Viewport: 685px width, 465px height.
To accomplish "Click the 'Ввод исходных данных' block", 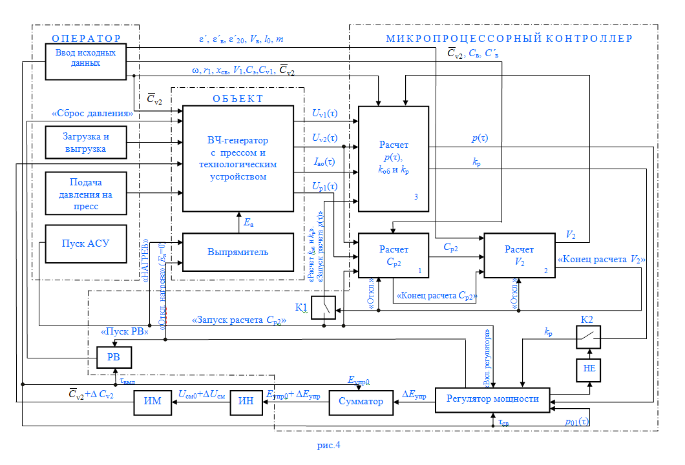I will [86, 61].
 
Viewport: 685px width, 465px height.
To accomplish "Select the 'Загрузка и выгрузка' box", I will [86, 142].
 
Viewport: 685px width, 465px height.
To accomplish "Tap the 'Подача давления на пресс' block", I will [86, 193].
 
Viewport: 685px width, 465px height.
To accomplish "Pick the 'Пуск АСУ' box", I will [86, 244].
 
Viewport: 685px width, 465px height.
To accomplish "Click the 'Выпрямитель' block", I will [238, 251].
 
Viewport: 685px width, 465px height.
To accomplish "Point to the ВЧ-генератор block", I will [238, 158].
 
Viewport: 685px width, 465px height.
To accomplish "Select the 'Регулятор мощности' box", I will [492, 398].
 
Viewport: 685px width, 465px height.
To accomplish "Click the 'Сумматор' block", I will [360, 402].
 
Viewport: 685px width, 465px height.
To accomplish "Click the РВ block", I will [114, 356].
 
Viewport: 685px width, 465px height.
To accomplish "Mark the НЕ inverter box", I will [588, 369].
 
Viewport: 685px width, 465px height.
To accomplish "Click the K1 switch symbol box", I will [324, 307].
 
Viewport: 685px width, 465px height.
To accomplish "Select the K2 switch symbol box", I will [588, 336].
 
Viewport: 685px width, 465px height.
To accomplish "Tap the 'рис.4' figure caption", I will [328, 446].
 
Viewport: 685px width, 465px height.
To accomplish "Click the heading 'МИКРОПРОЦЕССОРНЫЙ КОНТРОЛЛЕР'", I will [509, 39].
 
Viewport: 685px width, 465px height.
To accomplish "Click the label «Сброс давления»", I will [92, 114].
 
